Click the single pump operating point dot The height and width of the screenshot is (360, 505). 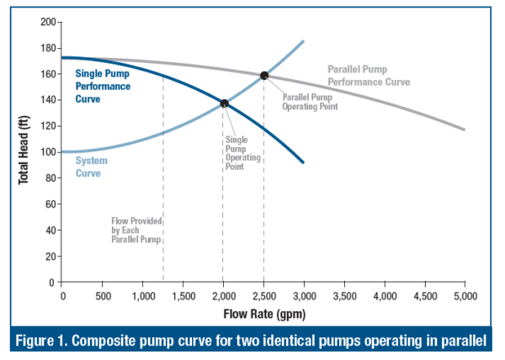click(224, 103)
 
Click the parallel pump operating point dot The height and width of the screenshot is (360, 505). click(264, 76)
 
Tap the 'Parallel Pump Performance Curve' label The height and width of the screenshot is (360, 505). click(369, 77)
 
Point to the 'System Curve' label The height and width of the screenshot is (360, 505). click(91, 166)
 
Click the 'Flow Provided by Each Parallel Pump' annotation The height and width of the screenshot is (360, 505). click(136, 230)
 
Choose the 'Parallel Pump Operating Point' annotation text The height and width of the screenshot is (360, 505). click(307, 102)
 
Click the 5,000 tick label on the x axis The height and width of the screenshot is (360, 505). click(465, 297)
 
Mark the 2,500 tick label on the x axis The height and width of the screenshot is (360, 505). click(263, 297)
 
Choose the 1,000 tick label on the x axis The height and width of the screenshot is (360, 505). click(142, 297)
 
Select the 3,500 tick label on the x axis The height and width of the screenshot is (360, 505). click(344, 297)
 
